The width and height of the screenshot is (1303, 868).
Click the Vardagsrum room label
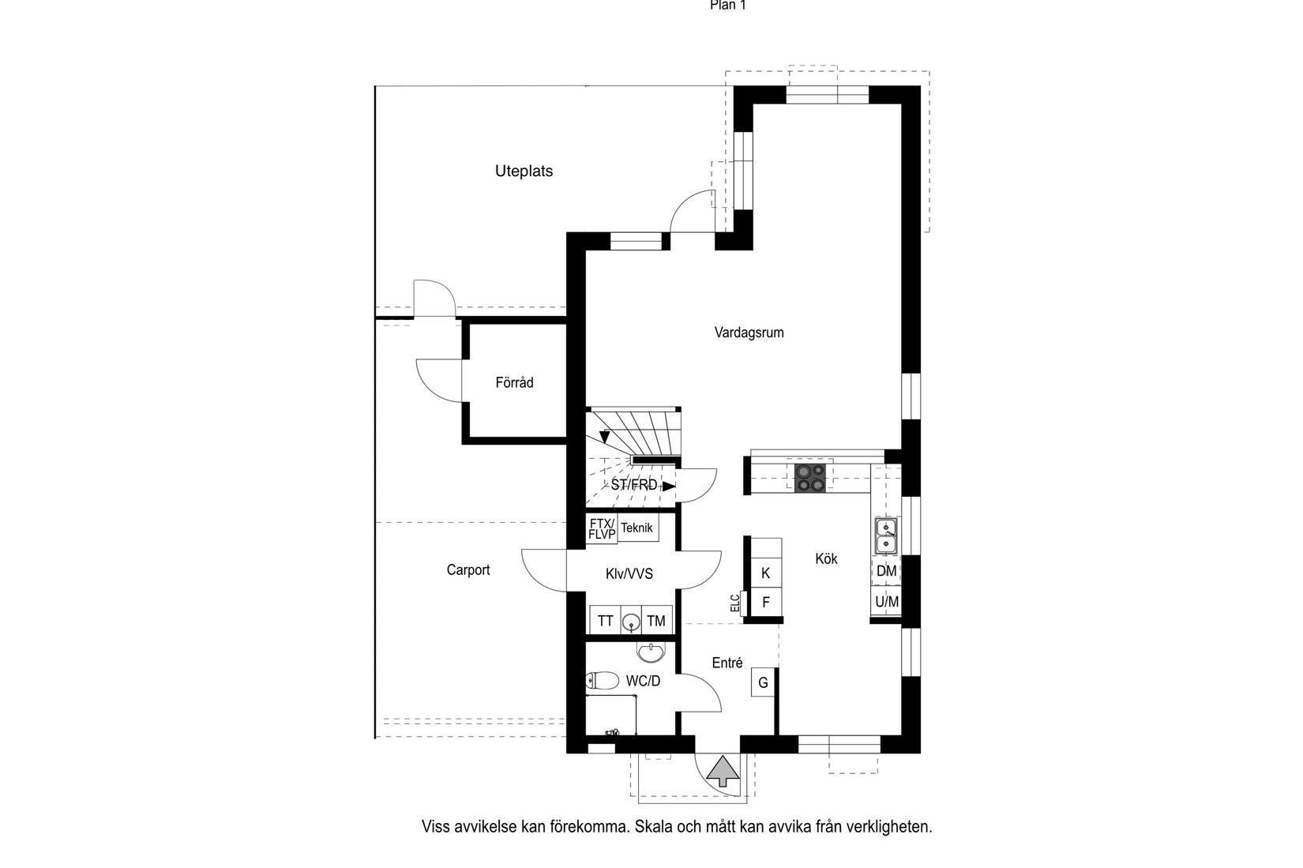click(749, 333)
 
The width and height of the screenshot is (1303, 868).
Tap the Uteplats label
click(524, 171)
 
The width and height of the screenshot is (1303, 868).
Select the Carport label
click(468, 569)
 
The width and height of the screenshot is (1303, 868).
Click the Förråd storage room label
click(514, 382)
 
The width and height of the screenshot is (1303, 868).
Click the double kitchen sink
click(886, 535)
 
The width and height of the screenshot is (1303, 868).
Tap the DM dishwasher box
click(886, 570)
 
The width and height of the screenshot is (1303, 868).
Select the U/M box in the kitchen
click(886, 602)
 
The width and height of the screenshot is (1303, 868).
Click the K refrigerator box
click(765, 573)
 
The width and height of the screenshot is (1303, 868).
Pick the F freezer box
click(765, 602)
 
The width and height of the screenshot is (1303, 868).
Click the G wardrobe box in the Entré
click(763, 682)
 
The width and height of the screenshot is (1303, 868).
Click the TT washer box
click(605, 621)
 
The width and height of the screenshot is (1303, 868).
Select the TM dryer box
click(656, 621)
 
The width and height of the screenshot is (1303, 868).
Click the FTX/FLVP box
click(601, 528)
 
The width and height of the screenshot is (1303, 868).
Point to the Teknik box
click(637, 528)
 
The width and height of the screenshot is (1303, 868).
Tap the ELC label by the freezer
click(734, 603)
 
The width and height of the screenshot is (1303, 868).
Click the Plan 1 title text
click(727, 5)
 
